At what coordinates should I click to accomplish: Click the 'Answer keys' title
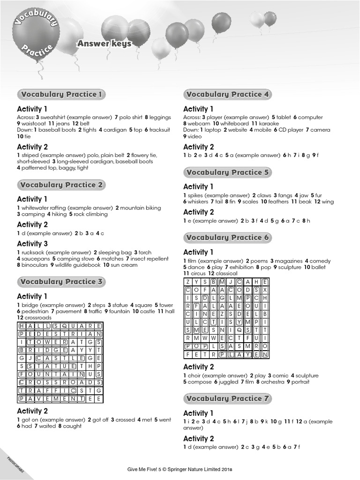click(x=104, y=44)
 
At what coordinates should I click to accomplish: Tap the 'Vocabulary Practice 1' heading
click(x=61, y=94)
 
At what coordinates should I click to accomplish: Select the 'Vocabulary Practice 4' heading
click(x=228, y=94)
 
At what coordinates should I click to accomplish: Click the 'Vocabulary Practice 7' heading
click(x=228, y=398)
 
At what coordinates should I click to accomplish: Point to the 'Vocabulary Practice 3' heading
click(x=61, y=282)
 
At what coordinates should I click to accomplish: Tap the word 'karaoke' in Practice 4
click(x=269, y=124)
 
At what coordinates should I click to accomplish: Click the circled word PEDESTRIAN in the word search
click(x=60, y=334)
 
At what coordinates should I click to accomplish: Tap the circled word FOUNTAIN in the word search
click(x=52, y=374)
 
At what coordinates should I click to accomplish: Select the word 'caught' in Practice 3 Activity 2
click(x=72, y=426)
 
